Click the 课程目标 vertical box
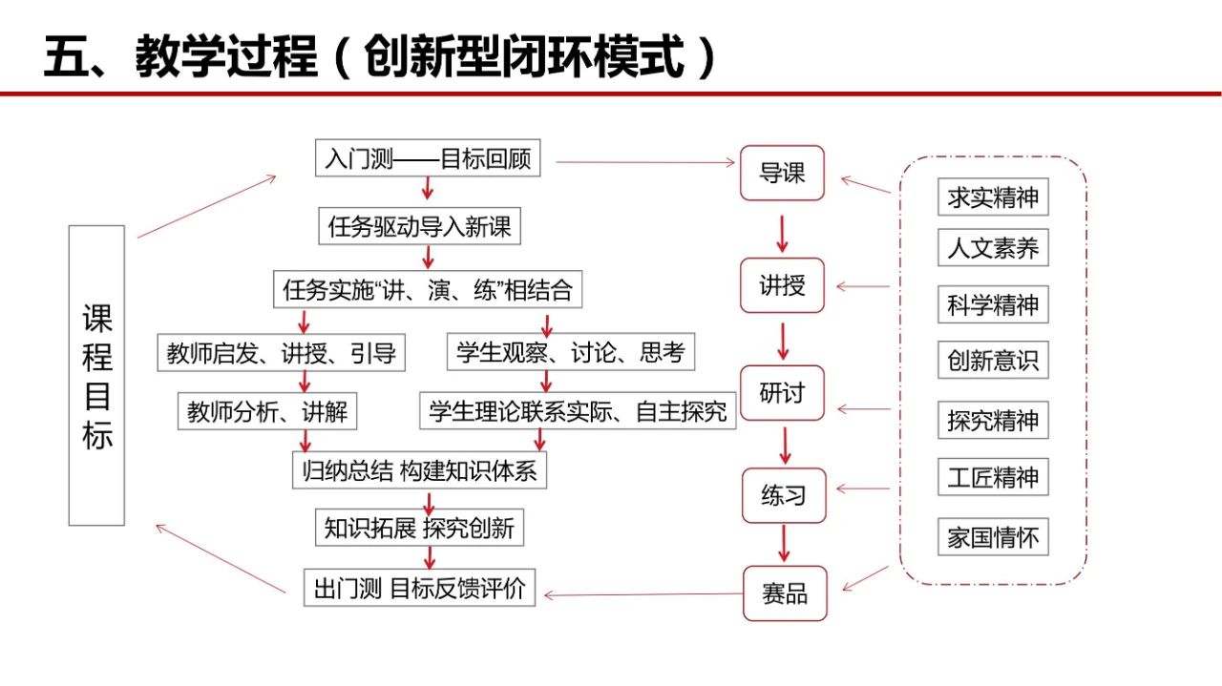[96, 375]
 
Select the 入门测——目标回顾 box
[428, 158]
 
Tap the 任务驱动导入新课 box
[420, 227]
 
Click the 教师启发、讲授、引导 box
[281, 353]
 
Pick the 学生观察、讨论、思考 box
[571, 353]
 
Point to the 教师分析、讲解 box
[268, 412]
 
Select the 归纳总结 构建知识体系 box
[420, 471]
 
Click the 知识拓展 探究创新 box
[419, 528]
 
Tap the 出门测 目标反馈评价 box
[419, 588]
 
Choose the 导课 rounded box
[782, 174]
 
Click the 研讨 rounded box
[782, 392]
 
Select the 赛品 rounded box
[785, 593]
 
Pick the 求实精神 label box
[993, 198]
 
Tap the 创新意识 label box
[993, 362]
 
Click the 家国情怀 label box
[993, 537]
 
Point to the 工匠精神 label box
[993, 477]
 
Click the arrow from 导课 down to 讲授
[783, 234]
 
